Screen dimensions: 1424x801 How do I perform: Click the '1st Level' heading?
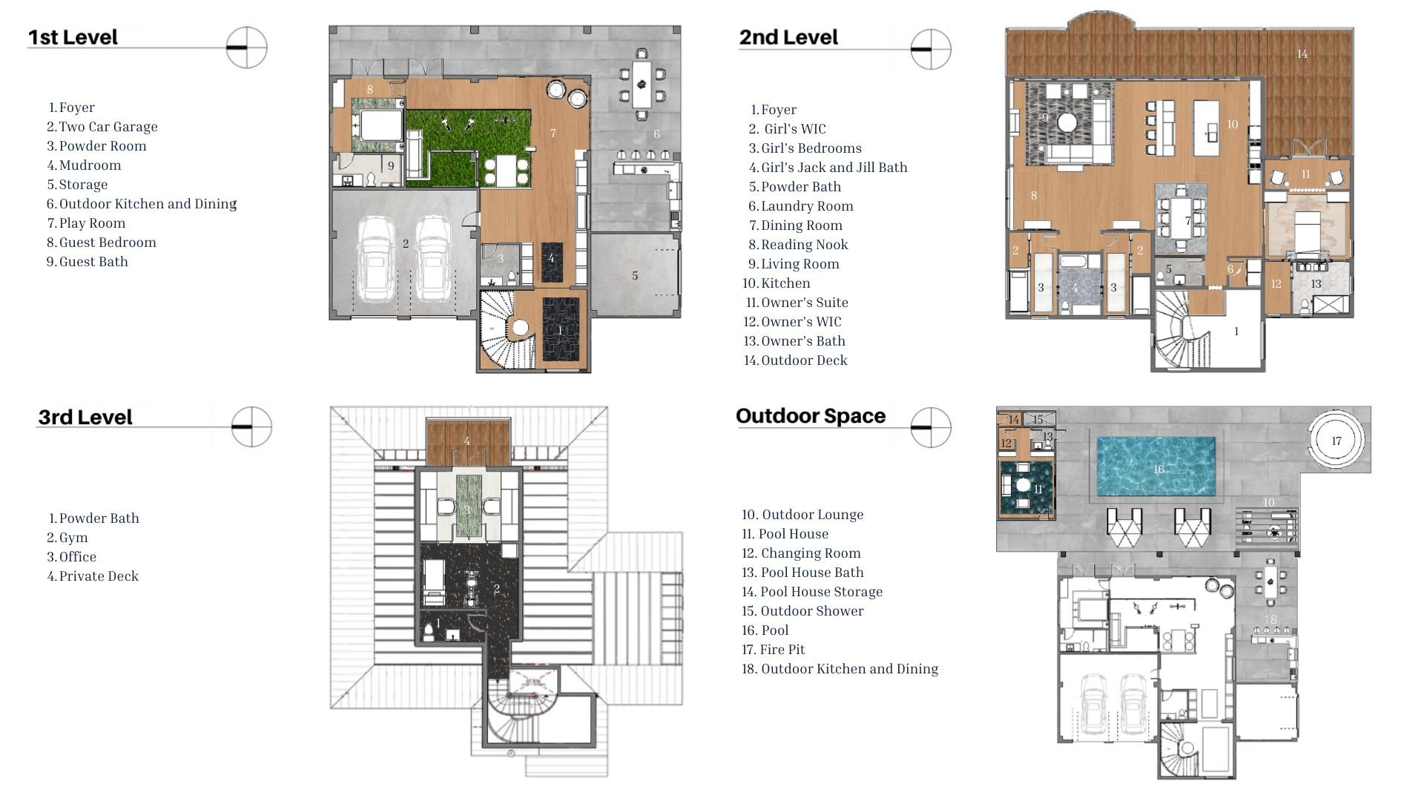click(x=73, y=37)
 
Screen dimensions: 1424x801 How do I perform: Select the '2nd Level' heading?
click(x=788, y=37)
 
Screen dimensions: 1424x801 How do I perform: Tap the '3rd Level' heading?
click(x=85, y=417)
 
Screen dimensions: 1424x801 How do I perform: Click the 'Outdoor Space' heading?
click(x=811, y=416)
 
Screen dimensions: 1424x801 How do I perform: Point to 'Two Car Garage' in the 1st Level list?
click(x=108, y=127)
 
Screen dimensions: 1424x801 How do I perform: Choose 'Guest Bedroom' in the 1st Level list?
click(x=108, y=243)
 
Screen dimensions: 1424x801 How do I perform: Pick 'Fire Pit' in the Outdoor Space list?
click(x=782, y=650)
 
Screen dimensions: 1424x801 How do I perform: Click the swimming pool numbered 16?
click(x=1156, y=467)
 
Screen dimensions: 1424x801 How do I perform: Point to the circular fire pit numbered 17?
click(x=1336, y=441)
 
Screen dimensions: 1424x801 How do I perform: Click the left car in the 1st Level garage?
click(x=377, y=260)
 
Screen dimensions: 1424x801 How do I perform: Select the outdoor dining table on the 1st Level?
click(x=642, y=85)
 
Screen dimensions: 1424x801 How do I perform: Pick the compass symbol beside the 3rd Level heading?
click(x=251, y=427)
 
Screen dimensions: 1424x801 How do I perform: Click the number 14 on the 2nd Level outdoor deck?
click(x=1302, y=54)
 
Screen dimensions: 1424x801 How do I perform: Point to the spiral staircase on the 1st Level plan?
click(x=507, y=330)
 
